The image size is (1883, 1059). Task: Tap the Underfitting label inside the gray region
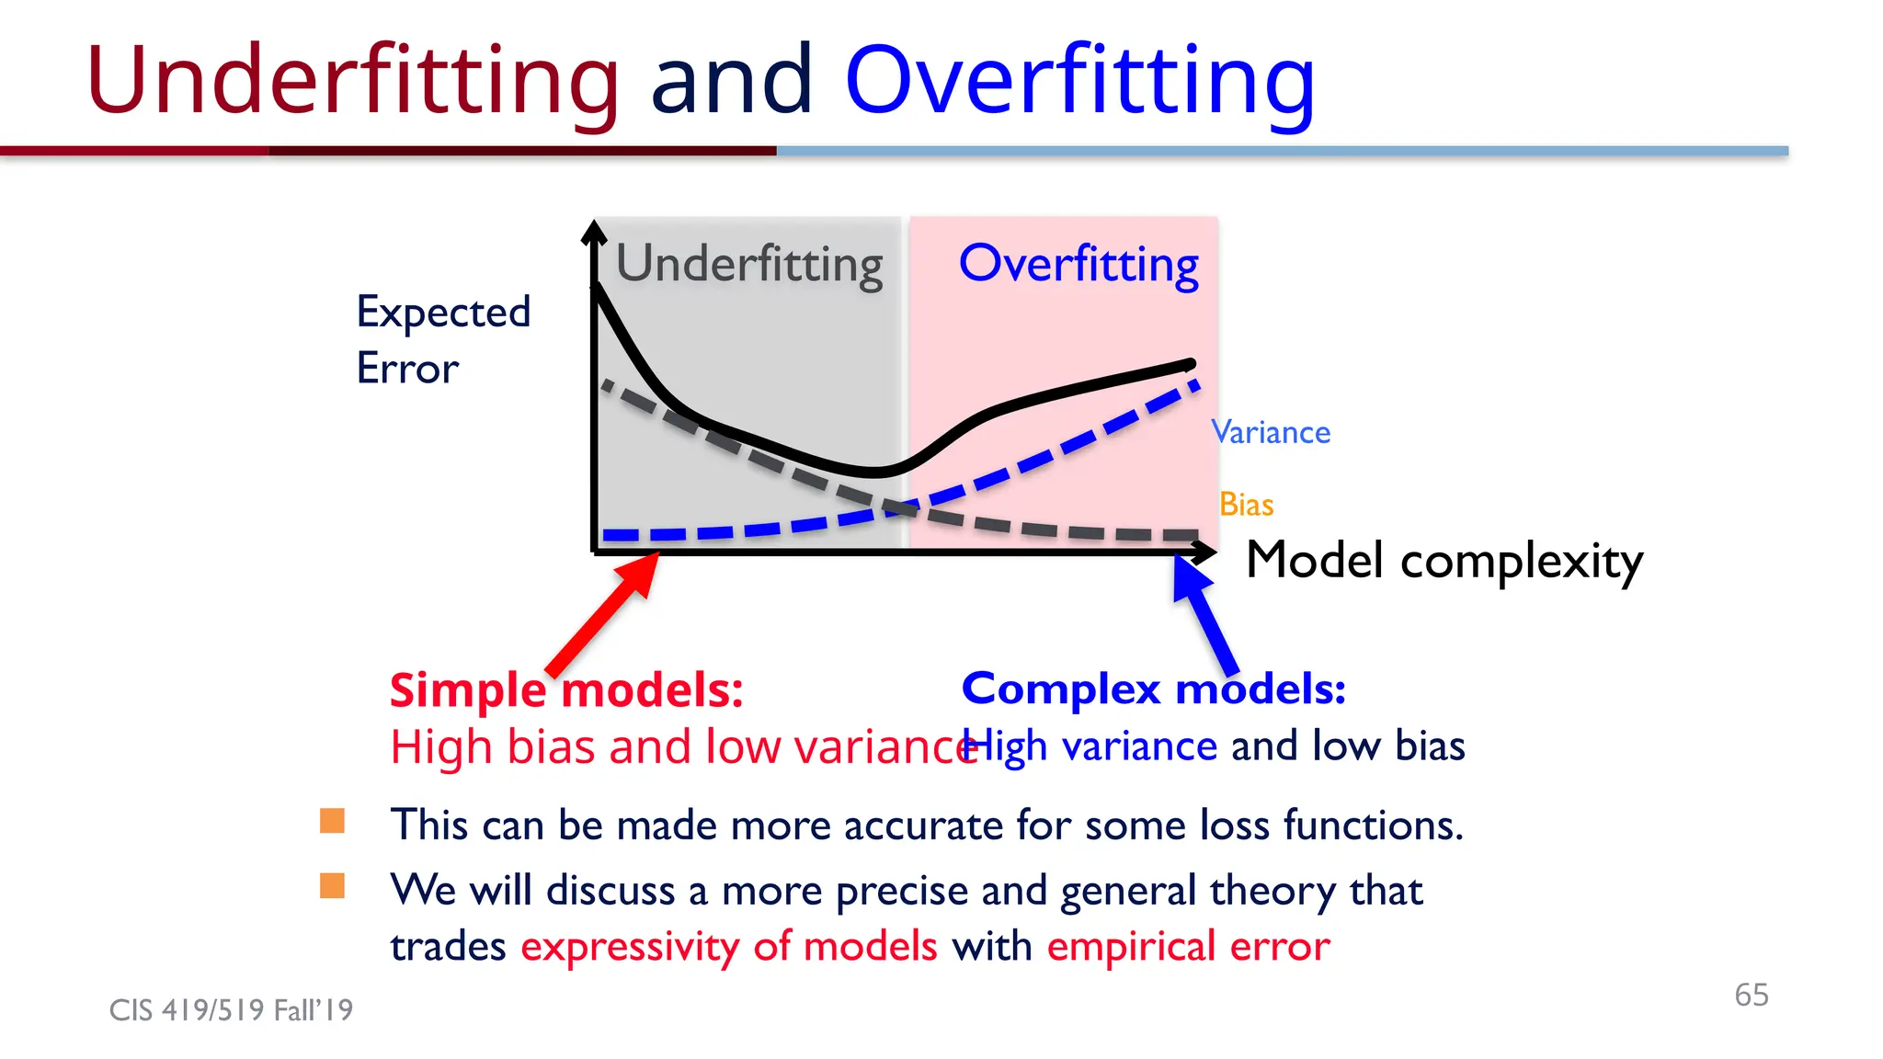click(x=748, y=265)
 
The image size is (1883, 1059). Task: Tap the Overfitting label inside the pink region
click(x=1078, y=265)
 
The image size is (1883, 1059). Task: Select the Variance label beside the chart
click(x=1271, y=432)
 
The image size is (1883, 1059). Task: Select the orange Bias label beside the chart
click(x=1246, y=505)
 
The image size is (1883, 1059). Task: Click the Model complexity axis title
click(x=1444, y=560)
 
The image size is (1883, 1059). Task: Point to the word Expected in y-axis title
click(x=443, y=313)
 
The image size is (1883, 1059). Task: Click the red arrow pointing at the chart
click(x=607, y=611)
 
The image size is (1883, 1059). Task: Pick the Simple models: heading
click(x=566, y=689)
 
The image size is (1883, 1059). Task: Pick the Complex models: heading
click(x=1153, y=689)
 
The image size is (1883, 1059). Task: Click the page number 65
click(x=1751, y=995)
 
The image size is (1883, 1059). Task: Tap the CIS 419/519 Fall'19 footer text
click(x=231, y=1010)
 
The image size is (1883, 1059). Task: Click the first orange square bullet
click(x=332, y=821)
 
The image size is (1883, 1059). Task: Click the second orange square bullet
click(x=332, y=886)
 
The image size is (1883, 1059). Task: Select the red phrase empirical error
click(x=1188, y=946)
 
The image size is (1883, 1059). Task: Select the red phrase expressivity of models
click(x=729, y=946)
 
